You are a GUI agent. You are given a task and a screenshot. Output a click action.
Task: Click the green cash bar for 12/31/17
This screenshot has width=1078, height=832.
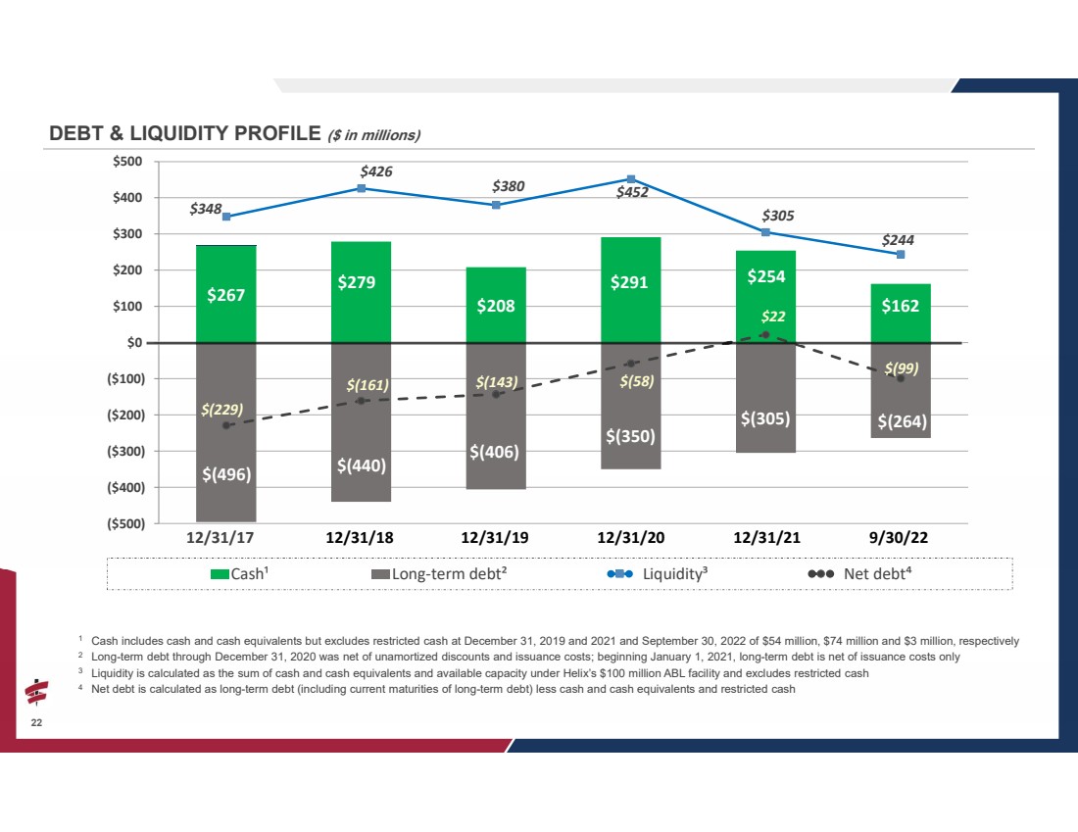[x=226, y=294]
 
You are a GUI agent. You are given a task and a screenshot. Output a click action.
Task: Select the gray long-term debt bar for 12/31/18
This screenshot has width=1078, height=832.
[x=361, y=422]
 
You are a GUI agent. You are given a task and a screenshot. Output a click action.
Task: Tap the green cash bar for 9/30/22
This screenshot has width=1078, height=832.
[x=901, y=313]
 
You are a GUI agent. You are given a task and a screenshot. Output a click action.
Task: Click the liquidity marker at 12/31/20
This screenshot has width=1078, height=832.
[x=631, y=179]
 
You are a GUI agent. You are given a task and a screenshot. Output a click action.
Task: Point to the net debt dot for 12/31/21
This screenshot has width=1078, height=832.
[x=766, y=335]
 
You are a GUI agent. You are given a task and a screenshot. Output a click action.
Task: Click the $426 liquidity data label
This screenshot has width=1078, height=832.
[x=376, y=171]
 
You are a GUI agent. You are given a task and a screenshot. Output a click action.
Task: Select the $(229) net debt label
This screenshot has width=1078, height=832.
[x=221, y=410]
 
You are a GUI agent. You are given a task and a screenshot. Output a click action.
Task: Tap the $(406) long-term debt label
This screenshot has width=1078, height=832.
[x=494, y=452]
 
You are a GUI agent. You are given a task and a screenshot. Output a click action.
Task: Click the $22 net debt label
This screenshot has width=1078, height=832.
[x=773, y=317]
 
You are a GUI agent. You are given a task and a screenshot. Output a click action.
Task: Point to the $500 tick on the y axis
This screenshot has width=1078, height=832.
[x=127, y=162]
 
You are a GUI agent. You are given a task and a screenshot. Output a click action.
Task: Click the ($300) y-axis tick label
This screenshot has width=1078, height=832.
[x=125, y=451]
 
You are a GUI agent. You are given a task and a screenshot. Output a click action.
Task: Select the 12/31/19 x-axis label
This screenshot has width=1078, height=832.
[x=494, y=538]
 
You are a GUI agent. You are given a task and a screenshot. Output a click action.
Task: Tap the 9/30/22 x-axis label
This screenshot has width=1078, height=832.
[x=898, y=538]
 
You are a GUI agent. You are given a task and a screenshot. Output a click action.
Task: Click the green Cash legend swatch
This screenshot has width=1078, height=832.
[x=220, y=574]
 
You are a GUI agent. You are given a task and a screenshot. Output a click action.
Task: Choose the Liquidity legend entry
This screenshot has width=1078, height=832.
[x=658, y=573]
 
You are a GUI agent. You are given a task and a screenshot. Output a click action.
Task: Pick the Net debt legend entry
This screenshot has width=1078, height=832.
[x=859, y=573]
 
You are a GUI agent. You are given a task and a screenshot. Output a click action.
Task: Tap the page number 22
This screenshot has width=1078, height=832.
[x=36, y=722]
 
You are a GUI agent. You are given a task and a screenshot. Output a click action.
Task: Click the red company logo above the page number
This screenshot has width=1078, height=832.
[x=36, y=693]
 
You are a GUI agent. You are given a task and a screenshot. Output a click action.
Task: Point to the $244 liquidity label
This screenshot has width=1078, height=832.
[x=898, y=240]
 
